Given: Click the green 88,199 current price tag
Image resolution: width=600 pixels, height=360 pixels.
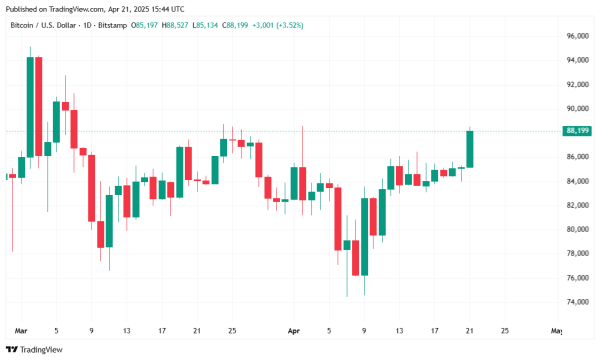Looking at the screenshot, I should pos(577,131).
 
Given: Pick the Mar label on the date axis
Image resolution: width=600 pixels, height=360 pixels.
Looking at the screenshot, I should pos(22,330).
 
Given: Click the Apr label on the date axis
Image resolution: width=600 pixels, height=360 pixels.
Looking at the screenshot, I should pos(293,330).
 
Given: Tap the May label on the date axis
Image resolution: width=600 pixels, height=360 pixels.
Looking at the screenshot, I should pos(556,330).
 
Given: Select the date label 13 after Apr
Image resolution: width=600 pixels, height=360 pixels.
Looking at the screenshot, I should pos(399,330).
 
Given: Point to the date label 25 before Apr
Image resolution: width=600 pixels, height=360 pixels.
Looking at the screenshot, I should pos(232,330).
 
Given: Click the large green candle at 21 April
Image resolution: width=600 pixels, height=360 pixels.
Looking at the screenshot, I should pos(469,149).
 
